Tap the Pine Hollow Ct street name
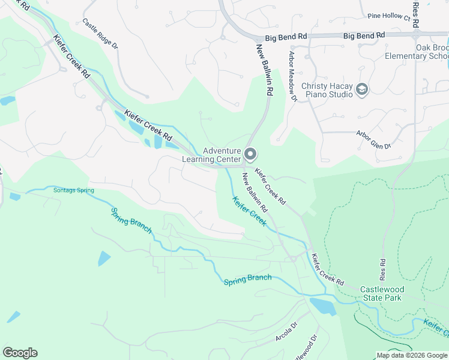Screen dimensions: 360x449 [388, 17]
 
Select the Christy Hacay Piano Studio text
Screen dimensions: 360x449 [327, 90]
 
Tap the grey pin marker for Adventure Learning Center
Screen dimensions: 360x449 [250, 155]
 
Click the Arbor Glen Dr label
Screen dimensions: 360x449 [373, 140]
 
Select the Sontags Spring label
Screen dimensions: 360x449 [73, 190]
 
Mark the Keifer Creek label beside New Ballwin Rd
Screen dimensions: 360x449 [249, 211]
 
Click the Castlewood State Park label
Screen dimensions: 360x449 [382, 293]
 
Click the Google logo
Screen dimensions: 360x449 [20, 353]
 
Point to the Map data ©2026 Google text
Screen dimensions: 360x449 [412, 355]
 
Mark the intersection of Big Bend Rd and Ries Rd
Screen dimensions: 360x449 [416, 35]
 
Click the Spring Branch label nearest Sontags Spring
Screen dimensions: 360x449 [131, 221]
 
